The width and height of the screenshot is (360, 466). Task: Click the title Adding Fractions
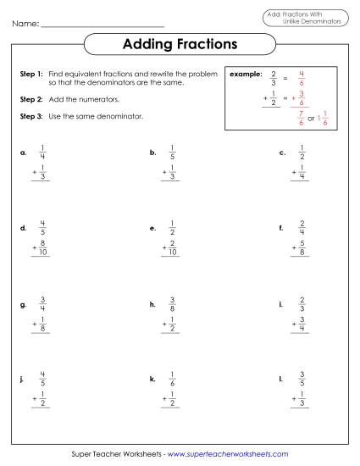click(180, 43)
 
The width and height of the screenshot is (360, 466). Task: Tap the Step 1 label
click(31, 75)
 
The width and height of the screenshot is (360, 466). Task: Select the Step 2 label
click(31, 99)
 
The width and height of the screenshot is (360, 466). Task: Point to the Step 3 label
click(31, 115)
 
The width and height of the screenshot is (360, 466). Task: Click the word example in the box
click(246, 75)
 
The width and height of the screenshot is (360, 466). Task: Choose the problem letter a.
click(22, 153)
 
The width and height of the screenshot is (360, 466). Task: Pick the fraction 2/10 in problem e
click(172, 248)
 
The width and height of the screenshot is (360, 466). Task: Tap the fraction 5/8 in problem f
click(302, 248)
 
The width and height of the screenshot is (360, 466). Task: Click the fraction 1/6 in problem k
click(172, 378)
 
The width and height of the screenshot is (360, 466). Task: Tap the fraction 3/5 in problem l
click(302, 378)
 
